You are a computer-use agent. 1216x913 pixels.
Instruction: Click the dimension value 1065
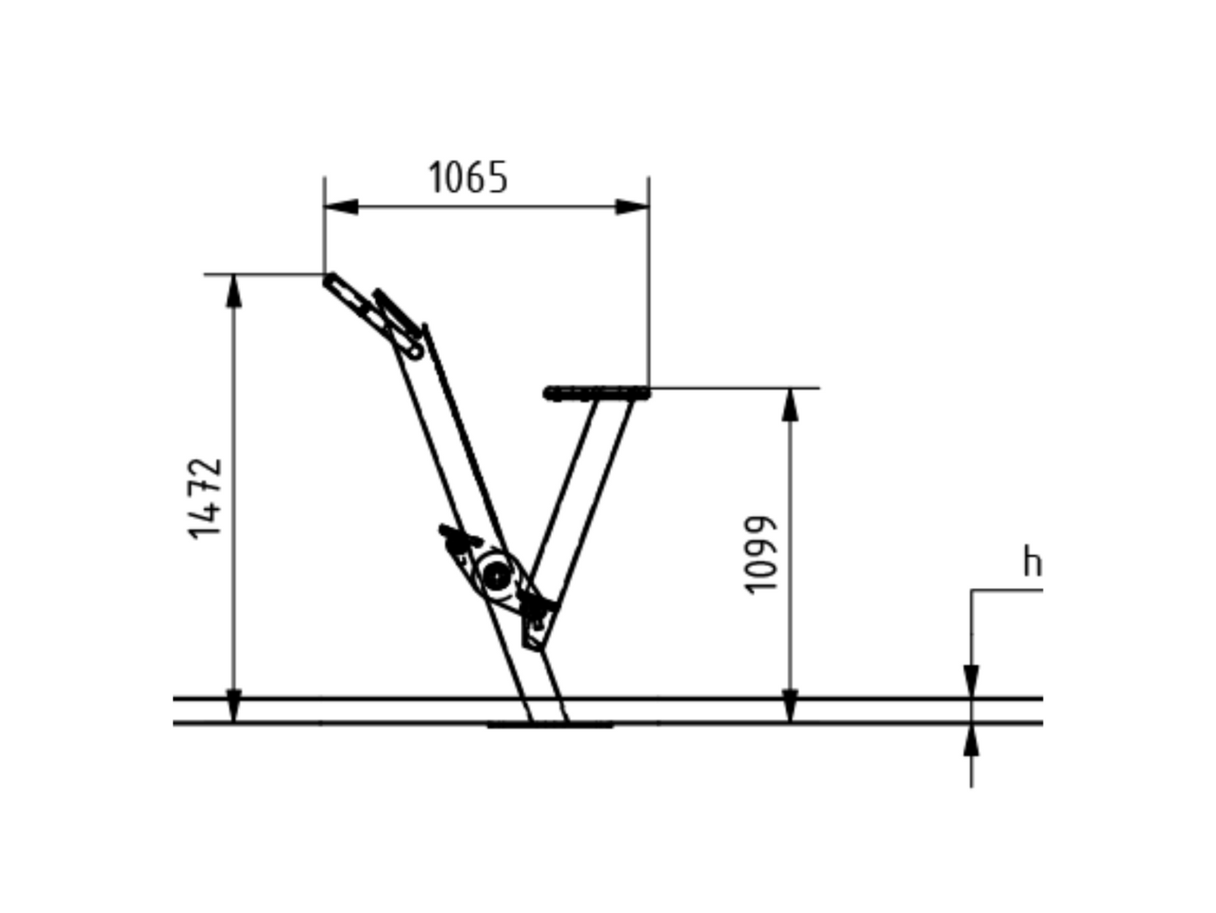click(x=468, y=178)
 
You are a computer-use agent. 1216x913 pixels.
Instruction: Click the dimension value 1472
click(x=205, y=499)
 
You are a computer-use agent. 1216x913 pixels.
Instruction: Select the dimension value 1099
click(x=760, y=555)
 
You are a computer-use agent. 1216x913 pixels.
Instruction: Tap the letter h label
click(x=1032, y=561)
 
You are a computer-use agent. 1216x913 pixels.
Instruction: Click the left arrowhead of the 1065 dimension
click(x=341, y=206)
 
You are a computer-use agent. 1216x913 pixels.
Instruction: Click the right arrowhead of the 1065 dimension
click(x=632, y=206)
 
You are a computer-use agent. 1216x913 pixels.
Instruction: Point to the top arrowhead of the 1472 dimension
click(x=234, y=291)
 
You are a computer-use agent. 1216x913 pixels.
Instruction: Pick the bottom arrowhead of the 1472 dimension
click(x=234, y=706)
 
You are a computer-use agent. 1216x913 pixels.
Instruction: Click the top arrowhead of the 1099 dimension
click(x=790, y=404)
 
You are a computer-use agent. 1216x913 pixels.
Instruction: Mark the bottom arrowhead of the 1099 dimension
click(x=790, y=706)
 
